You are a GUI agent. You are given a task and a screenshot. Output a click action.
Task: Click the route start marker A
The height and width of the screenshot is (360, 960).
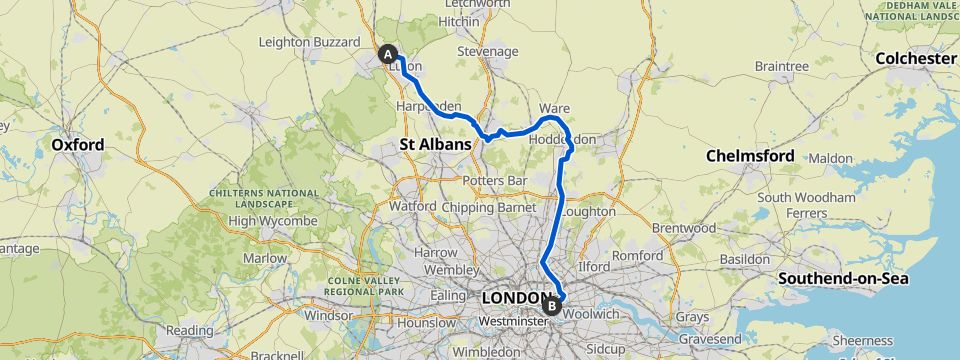[x=387, y=54]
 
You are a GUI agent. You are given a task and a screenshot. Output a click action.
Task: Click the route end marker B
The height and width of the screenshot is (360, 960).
[x=552, y=305]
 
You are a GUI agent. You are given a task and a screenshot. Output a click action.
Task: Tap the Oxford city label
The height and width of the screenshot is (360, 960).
[x=78, y=145]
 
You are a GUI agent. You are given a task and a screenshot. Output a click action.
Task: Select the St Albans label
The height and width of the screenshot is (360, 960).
[x=435, y=145]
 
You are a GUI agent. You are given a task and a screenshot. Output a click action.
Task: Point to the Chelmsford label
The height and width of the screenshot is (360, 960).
[x=750, y=156]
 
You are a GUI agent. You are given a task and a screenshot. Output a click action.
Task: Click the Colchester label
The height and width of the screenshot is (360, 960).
[x=915, y=59]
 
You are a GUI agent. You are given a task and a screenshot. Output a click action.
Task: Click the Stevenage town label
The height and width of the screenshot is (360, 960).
[x=487, y=51]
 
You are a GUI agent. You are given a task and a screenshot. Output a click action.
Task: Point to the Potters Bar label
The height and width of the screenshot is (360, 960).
[x=488, y=180]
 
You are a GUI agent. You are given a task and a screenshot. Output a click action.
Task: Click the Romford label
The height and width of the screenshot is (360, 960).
[x=637, y=256]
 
